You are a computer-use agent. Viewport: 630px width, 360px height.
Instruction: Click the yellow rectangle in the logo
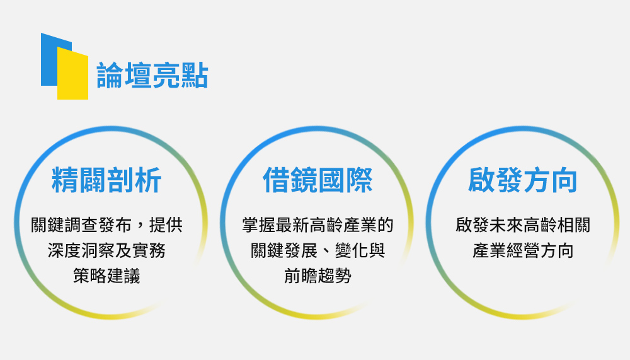(72, 73)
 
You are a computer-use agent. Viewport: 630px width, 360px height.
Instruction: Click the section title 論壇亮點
(152, 76)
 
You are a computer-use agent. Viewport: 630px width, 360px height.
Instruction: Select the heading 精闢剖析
(106, 180)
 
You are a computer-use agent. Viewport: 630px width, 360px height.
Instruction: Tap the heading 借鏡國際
(318, 180)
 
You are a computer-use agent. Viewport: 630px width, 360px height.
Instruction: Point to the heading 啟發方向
(523, 180)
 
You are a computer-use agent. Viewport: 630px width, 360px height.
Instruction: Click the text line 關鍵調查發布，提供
(107, 225)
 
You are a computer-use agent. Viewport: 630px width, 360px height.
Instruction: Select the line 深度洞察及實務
(106, 250)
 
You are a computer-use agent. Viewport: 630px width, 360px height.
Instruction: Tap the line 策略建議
(106, 276)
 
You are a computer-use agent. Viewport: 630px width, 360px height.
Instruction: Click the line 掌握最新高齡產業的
(318, 225)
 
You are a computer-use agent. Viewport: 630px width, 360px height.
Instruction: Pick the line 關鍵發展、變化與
(318, 250)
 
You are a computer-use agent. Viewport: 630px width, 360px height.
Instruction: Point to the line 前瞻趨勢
(318, 276)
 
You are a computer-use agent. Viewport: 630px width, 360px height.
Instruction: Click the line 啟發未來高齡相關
(523, 225)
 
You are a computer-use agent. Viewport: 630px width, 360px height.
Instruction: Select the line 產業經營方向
(523, 250)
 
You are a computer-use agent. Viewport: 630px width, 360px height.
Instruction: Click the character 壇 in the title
(138, 76)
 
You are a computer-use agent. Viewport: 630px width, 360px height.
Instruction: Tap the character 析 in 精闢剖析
(148, 180)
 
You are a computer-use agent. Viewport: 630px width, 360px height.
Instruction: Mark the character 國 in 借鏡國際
(331, 180)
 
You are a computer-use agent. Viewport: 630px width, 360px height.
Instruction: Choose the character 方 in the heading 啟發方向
(536, 180)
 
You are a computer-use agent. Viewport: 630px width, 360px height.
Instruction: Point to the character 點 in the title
(195, 76)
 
